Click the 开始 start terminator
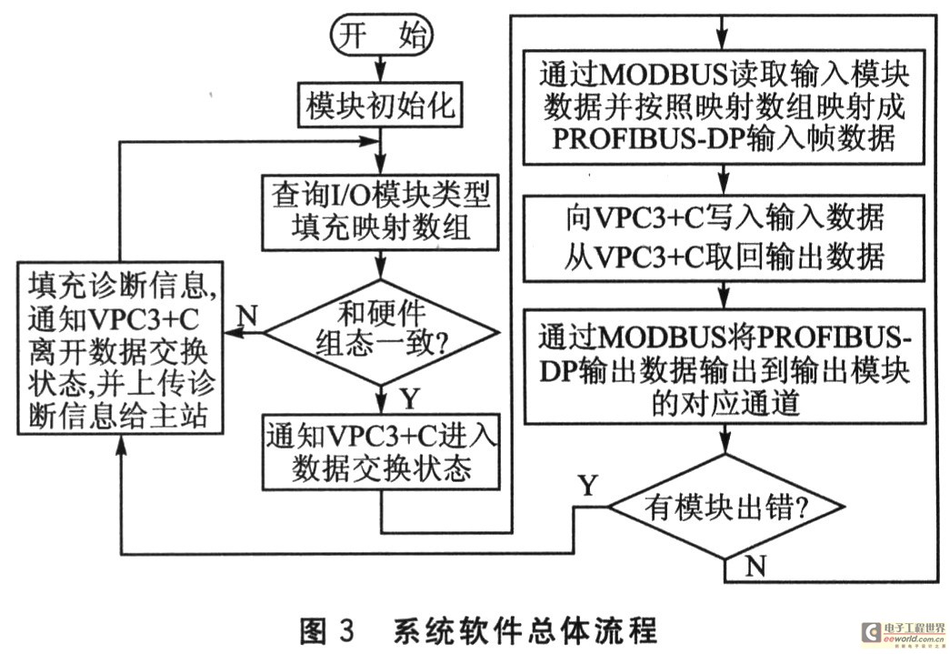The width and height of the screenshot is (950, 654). coord(381,36)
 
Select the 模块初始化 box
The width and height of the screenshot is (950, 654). coord(381,106)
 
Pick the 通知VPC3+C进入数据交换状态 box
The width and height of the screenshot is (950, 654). coord(381,455)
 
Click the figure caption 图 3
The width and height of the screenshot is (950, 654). coord(328,629)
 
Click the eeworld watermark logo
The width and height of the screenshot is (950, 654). coord(900,633)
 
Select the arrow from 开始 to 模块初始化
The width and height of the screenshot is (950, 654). coord(381,67)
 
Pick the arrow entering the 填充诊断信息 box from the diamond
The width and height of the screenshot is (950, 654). coord(244,334)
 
